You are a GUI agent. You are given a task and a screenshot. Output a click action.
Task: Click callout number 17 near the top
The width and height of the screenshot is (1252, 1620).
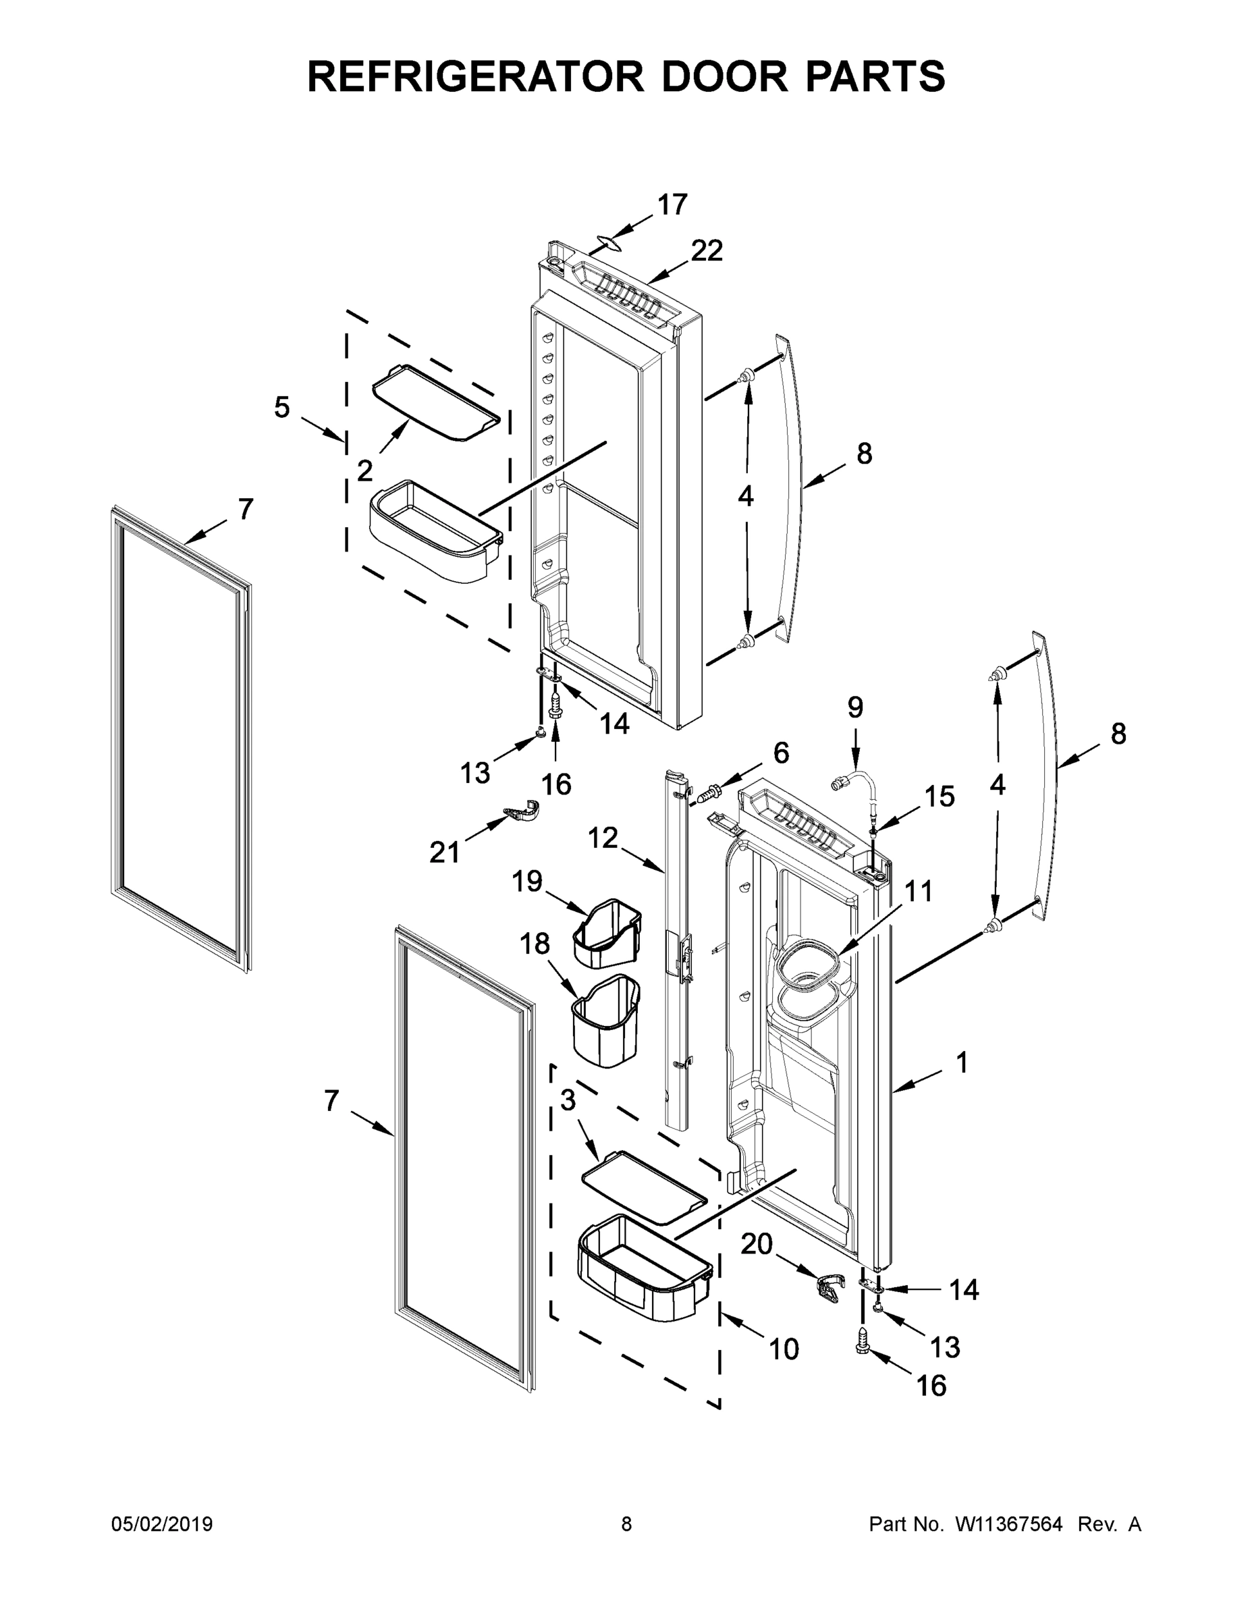click(673, 205)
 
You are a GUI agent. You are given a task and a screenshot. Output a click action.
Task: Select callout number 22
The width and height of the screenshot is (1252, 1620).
click(706, 252)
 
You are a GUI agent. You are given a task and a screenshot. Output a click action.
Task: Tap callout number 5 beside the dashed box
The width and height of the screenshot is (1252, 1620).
click(282, 407)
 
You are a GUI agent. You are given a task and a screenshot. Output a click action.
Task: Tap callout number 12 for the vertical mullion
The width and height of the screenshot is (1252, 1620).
click(602, 839)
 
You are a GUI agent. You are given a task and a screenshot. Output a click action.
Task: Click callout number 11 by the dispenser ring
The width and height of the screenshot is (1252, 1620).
click(918, 891)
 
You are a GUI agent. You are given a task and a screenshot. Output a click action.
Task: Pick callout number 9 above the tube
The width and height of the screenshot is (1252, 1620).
click(855, 708)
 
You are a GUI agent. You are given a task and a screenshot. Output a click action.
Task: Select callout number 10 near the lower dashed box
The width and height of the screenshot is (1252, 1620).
click(783, 1349)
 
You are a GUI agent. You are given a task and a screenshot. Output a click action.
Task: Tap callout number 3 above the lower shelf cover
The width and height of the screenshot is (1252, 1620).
click(568, 1100)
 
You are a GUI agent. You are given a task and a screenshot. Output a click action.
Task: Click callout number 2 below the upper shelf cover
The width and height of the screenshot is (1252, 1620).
click(364, 470)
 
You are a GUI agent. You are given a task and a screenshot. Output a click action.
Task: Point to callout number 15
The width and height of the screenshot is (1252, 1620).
click(939, 796)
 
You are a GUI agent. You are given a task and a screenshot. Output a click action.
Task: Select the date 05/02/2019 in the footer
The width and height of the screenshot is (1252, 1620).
click(162, 1524)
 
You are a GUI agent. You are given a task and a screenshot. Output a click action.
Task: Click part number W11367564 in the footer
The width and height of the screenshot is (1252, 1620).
click(1009, 1524)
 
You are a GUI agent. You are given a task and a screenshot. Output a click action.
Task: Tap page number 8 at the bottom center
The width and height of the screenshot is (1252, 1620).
click(626, 1524)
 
